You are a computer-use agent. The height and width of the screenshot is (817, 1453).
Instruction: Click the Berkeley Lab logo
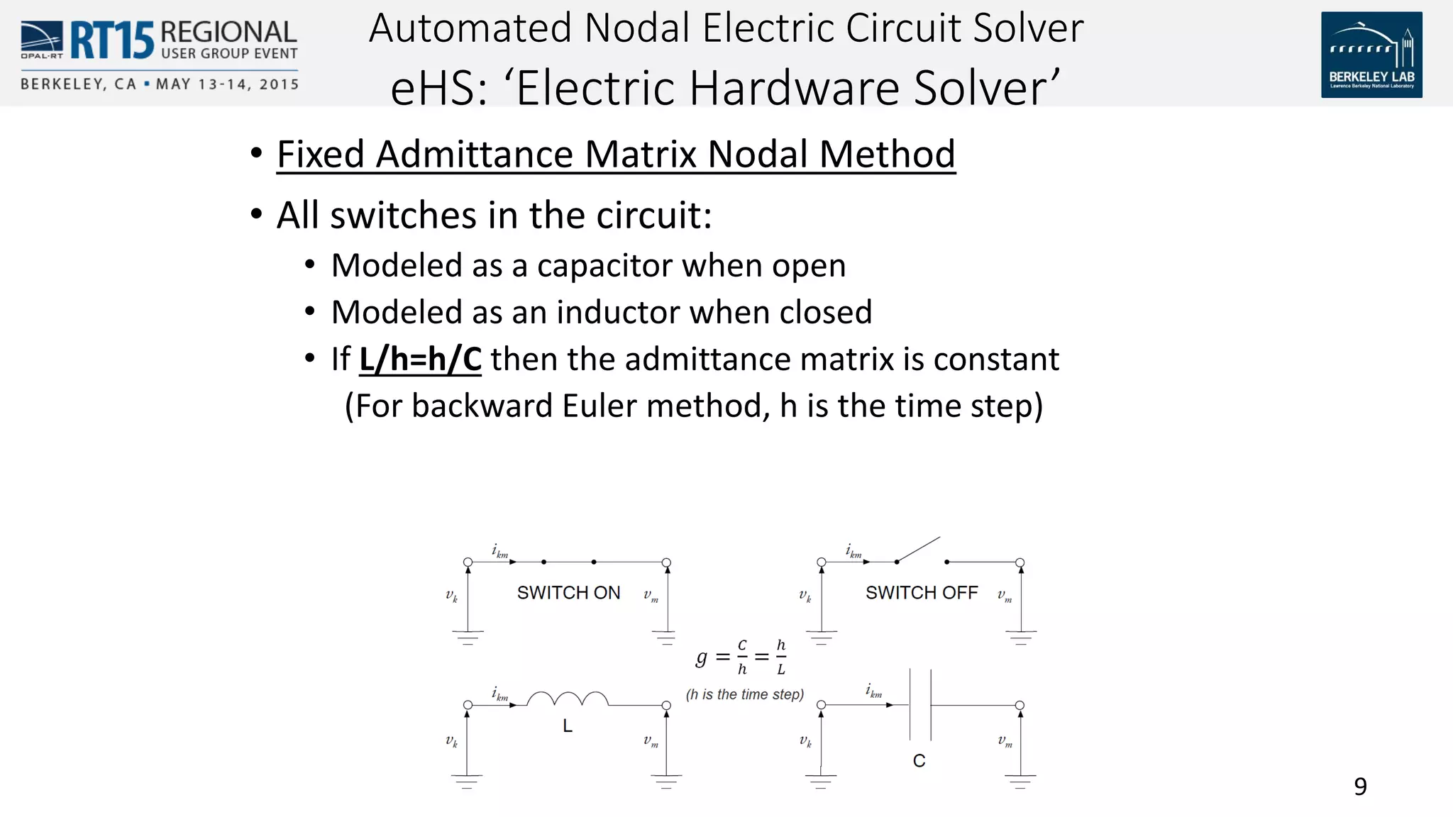[x=1371, y=55]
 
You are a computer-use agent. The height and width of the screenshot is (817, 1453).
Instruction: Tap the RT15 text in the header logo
[x=111, y=40]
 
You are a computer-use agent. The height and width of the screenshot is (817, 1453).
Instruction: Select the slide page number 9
[x=1360, y=787]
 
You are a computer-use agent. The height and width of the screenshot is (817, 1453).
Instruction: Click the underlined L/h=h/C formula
[x=420, y=359]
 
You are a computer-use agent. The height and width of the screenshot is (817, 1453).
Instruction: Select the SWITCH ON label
[x=568, y=593]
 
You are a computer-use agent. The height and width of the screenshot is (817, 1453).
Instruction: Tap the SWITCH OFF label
[x=922, y=593]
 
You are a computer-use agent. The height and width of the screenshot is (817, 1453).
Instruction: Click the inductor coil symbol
[x=568, y=699]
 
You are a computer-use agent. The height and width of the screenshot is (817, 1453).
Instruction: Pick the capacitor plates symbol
[x=920, y=704]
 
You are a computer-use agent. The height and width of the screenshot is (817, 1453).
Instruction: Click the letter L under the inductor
[x=568, y=726]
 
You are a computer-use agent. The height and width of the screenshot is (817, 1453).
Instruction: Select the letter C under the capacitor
[x=919, y=761]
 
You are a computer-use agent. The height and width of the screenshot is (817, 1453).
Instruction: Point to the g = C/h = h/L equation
[x=741, y=657]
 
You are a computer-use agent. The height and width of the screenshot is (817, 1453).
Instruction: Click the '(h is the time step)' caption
[x=745, y=695]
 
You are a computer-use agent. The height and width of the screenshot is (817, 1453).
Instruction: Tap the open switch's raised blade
[x=918, y=549]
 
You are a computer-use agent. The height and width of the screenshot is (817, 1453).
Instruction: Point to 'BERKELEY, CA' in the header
[x=78, y=84]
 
